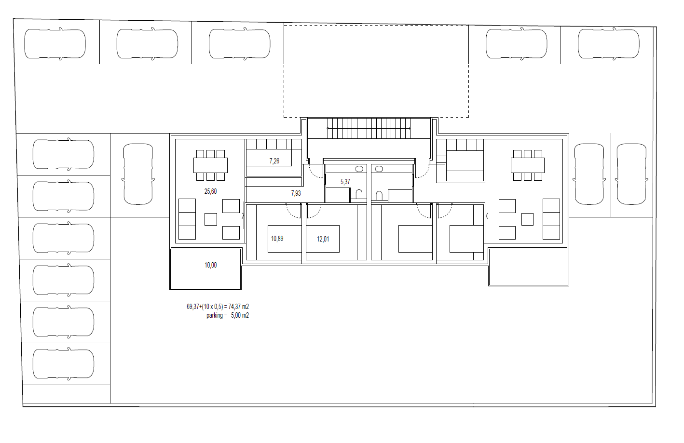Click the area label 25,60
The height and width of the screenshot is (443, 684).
(x=210, y=191)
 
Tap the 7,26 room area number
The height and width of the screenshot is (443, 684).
(x=274, y=161)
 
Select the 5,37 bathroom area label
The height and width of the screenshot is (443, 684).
(x=345, y=182)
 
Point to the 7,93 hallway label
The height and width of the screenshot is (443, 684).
(x=296, y=193)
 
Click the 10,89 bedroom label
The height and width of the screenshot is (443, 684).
(x=277, y=239)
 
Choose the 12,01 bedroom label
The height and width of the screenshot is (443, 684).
(x=323, y=239)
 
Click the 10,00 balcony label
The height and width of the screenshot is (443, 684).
(x=211, y=266)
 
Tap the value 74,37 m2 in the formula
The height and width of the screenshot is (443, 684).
(x=238, y=307)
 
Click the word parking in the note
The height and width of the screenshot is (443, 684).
(x=215, y=315)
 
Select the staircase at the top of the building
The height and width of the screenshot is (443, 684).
(x=369, y=128)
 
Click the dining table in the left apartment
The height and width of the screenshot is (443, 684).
(x=210, y=165)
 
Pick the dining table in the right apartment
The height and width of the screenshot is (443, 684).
(x=528, y=165)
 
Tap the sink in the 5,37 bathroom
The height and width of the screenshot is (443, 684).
(x=359, y=169)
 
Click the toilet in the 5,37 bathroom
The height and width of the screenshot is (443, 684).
(x=359, y=194)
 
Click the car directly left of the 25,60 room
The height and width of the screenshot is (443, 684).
(x=138, y=174)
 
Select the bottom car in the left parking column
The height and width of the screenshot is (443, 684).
(x=64, y=364)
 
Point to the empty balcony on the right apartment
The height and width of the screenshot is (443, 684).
(x=529, y=267)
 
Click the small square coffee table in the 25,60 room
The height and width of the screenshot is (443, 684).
(x=211, y=219)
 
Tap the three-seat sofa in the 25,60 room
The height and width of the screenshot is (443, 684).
(x=187, y=219)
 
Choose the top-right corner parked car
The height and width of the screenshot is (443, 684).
(x=609, y=44)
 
